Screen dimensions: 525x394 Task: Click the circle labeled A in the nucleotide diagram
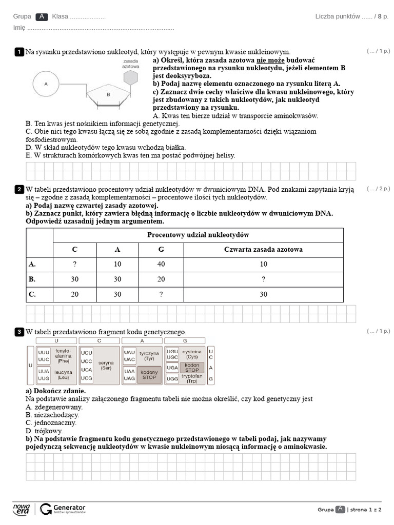pos(46,83)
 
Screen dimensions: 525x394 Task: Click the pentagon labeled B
pos(108,95)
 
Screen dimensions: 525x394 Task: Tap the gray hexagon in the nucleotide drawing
pos(131,77)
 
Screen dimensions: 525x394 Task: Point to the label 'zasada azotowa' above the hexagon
pos(130,64)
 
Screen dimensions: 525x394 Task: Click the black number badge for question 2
pos(19,190)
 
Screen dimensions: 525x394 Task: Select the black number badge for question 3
pos(19,332)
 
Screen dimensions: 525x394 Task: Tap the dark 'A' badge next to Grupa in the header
pos(42,17)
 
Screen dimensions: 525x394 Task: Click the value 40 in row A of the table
pos(161,265)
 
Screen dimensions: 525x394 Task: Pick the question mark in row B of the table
pos(263,279)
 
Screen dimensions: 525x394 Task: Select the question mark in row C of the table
pos(161,294)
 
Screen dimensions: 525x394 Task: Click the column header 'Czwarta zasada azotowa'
pos(263,250)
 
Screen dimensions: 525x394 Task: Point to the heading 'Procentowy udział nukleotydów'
pos(198,235)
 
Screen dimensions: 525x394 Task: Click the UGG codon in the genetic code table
pos(173,378)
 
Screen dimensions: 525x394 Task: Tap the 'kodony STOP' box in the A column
pos(149,374)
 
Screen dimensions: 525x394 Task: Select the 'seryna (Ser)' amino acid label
pos(106,365)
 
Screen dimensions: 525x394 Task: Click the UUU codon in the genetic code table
pos(44,353)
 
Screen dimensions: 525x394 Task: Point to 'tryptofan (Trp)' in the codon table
pos(192,378)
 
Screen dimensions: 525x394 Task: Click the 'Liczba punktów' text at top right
pos(337,16)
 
